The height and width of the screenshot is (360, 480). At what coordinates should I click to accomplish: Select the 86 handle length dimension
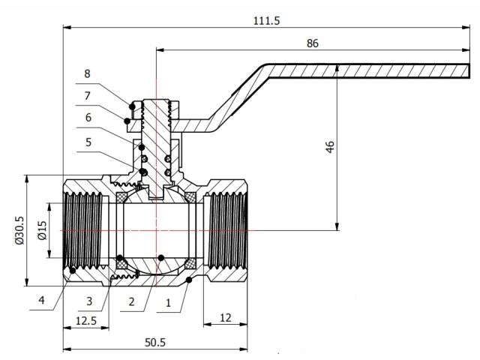tap(313, 43)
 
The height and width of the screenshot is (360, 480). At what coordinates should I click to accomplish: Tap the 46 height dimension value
tap(329, 145)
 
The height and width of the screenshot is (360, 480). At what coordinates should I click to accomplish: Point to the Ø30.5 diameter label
tap(19, 230)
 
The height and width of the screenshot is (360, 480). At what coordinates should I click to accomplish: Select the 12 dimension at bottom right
tap(225, 318)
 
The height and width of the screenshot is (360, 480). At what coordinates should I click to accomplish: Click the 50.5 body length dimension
tap(154, 342)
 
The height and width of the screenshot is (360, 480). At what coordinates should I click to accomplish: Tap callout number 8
tap(87, 73)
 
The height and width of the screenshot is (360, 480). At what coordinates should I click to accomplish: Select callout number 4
tap(43, 301)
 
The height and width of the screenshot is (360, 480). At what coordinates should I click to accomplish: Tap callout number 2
tap(132, 301)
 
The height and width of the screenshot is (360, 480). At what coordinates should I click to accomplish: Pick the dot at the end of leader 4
tap(69, 269)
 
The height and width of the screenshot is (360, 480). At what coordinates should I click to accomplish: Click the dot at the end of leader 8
tap(133, 105)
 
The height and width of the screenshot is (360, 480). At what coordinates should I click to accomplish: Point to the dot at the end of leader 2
tap(160, 259)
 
